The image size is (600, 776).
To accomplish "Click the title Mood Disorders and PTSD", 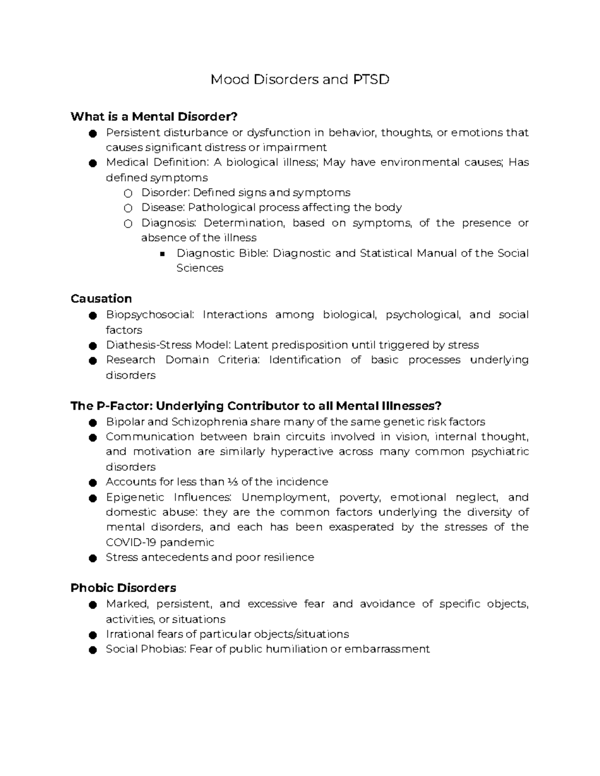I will [299, 79].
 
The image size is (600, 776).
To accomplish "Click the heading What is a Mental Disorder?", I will [154, 117].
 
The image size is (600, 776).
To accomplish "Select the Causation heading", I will [101, 299].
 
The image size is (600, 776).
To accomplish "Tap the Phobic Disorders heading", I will [123, 588].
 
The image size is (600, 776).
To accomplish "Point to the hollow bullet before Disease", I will [128, 208].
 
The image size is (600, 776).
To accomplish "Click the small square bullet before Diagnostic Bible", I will [162, 254].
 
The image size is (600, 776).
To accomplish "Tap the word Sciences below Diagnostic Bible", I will [199, 268].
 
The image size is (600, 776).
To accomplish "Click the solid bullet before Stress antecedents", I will [92, 558].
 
